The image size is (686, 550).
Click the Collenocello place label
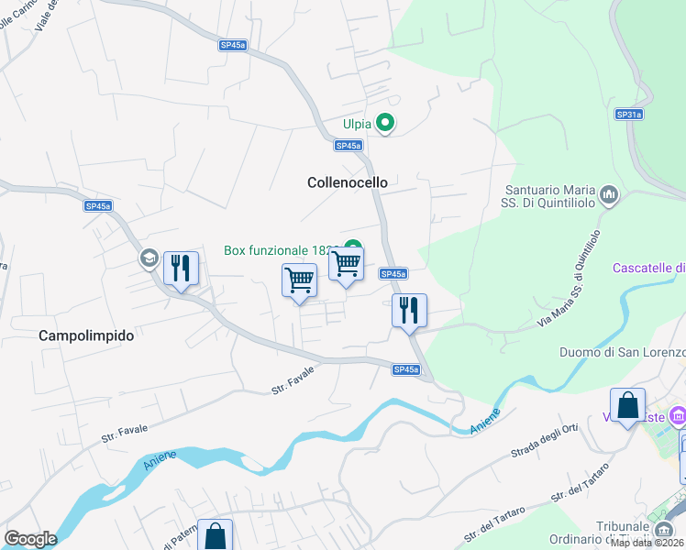[x=347, y=182]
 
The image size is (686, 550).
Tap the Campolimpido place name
[x=86, y=335]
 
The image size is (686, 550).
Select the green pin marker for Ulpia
[x=386, y=123]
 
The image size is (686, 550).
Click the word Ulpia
[x=356, y=124]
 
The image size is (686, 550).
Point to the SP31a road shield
[x=628, y=115]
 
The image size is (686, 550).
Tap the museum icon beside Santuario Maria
[x=609, y=194]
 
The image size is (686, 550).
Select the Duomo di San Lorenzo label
[x=622, y=352]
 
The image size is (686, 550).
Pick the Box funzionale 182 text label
[x=280, y=249]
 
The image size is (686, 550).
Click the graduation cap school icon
[x=148, y=258]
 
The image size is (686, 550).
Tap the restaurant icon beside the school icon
[x=180, y=269]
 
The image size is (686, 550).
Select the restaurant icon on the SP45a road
[x=409, y=310]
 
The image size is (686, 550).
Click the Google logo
[x=29, y=539]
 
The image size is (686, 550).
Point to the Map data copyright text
[x=647, y=543]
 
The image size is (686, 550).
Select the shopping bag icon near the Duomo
[x=627, y=405]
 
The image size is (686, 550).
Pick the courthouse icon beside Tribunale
[x=663, y=530]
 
